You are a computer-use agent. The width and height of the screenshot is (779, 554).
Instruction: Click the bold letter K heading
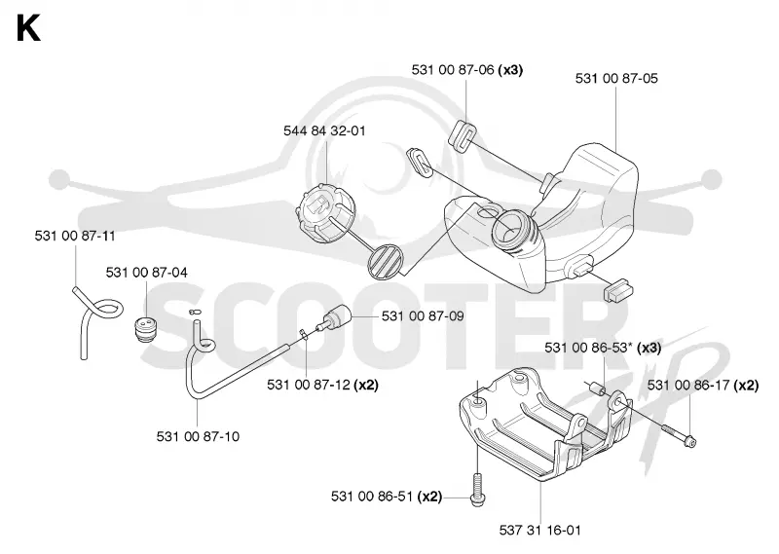pos(28,28)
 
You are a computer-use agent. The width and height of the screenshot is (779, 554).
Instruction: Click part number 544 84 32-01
pos(324,131)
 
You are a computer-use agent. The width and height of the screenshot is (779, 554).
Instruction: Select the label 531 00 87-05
pos(616,79)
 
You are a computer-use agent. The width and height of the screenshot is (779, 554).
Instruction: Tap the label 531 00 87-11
pos(75,236)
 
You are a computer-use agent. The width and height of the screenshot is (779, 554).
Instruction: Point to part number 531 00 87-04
pos(147,273)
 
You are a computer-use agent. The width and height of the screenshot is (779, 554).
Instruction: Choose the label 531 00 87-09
pos(423,316)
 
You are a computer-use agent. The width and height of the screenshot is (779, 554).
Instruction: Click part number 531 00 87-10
pos(198,436)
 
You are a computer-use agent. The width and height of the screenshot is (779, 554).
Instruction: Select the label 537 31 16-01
pos(540,531)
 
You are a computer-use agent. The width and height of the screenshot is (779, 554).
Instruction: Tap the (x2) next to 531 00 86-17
pos(746,385)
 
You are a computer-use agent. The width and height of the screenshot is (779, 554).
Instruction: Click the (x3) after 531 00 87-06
pos(510,70)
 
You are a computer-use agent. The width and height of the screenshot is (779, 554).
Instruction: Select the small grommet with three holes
pos(145,329)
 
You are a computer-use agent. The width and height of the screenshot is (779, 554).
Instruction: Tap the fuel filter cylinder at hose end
pos(336,318)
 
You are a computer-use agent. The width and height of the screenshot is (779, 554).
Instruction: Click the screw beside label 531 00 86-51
pos(477,490)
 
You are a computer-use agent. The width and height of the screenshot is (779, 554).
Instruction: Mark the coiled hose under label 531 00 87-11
pos(97,321)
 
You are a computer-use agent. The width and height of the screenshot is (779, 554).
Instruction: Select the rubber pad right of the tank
pos(617,290)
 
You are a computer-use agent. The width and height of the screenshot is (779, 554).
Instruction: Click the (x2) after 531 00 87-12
pos(366,385)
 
